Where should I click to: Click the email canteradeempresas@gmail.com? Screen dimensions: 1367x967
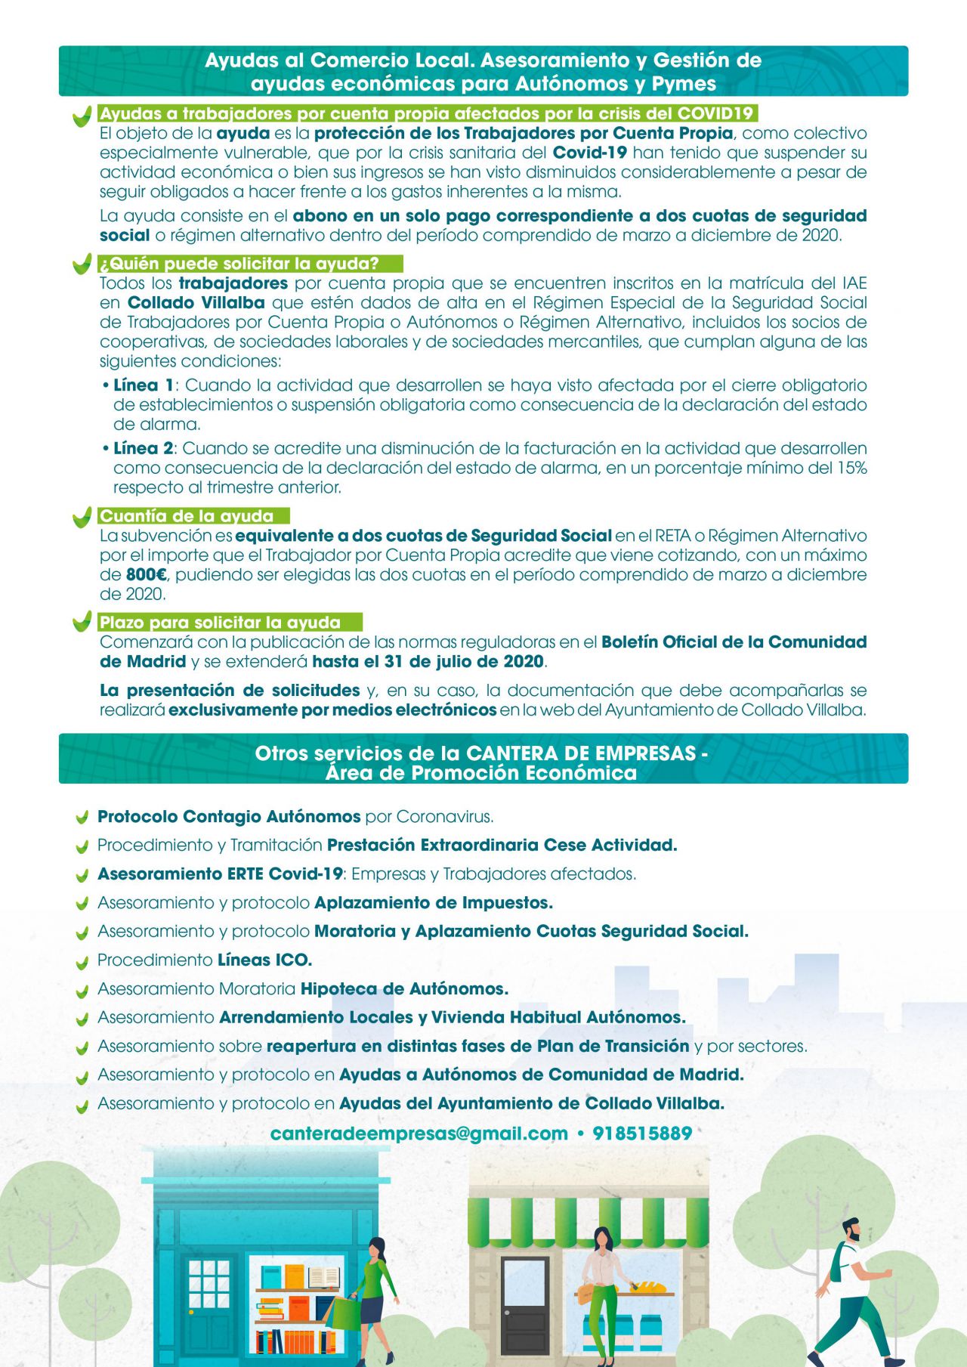pyautogui.click(x=419, y=1133)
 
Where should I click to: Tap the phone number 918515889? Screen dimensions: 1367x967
pyautogui.click(x=642, y=1133)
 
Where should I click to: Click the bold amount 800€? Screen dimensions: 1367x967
pyautogui.click(x=147, y=575)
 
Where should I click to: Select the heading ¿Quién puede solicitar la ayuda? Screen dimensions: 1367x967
pyautogui.click(x=239, y=264)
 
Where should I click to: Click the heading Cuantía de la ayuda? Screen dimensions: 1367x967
pyautogui.click(x=187, y=516)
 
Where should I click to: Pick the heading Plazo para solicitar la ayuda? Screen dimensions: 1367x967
pyautogui.click(x=220, y=623)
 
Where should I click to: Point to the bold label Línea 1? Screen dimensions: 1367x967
pyautogui.click(x=144, y=385)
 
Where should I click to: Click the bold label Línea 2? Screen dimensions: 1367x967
pyautogui.click(x=144, y=449)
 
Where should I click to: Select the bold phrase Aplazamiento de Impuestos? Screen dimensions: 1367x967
pyautogui.click(x=434, y=903)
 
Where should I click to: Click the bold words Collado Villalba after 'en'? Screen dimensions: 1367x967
pyautogui.click(x=196, y=303)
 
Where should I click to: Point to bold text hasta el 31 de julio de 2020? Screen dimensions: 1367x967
pyautogui.click(x=428, y=662)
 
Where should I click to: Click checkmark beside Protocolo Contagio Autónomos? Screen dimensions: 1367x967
pyautogui.click(x=82, y=818)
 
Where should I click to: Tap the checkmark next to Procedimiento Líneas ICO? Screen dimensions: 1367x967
pyautogui.click(x=82, y=962)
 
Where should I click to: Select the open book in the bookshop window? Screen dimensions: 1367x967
pyautogui.click(x=324, y=1277)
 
